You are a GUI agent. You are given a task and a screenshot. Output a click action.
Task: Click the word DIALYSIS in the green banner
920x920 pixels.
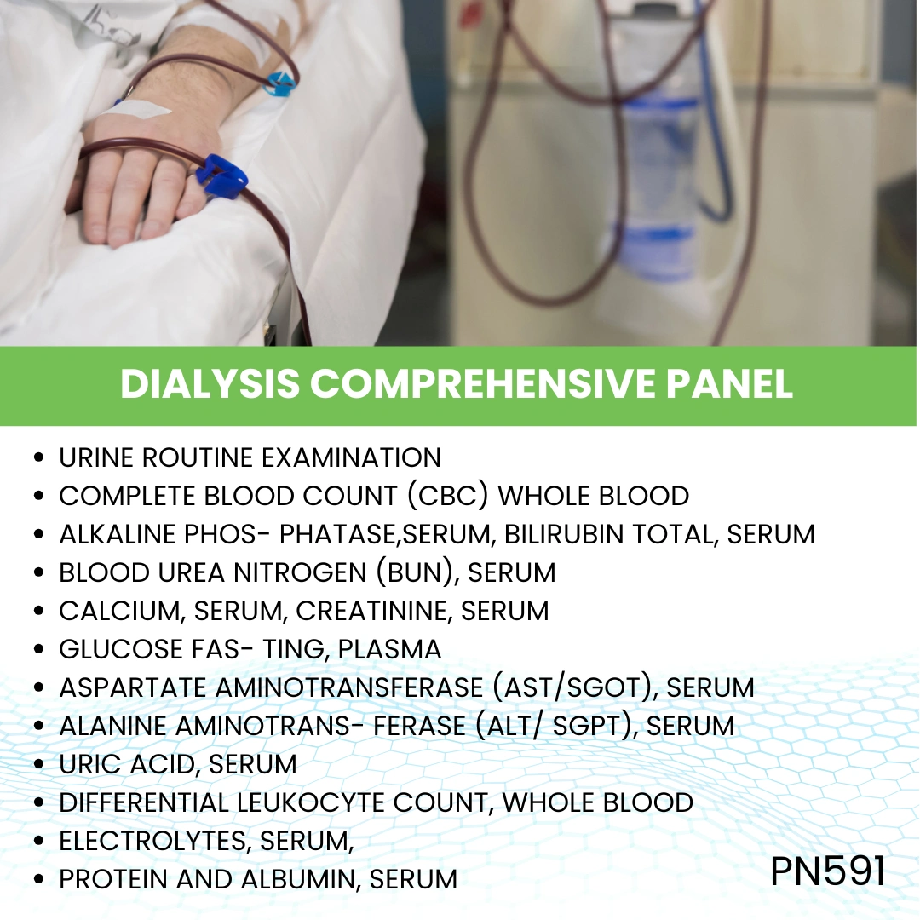pos(210,384)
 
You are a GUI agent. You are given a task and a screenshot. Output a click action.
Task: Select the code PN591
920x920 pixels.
pos(828,871)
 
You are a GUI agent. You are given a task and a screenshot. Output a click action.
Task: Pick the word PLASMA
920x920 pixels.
pos(389,649)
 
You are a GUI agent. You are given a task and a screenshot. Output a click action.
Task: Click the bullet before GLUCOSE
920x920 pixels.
pos(38,650)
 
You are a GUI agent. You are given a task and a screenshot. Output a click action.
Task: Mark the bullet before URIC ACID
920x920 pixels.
pos(38,765)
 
